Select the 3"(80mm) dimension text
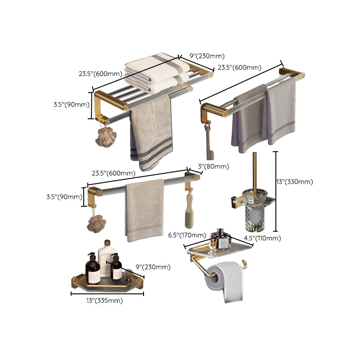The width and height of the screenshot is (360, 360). [213, 166]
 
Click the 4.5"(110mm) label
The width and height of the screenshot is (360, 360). [262, 238]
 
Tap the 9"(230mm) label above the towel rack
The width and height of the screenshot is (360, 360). [207, 56]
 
